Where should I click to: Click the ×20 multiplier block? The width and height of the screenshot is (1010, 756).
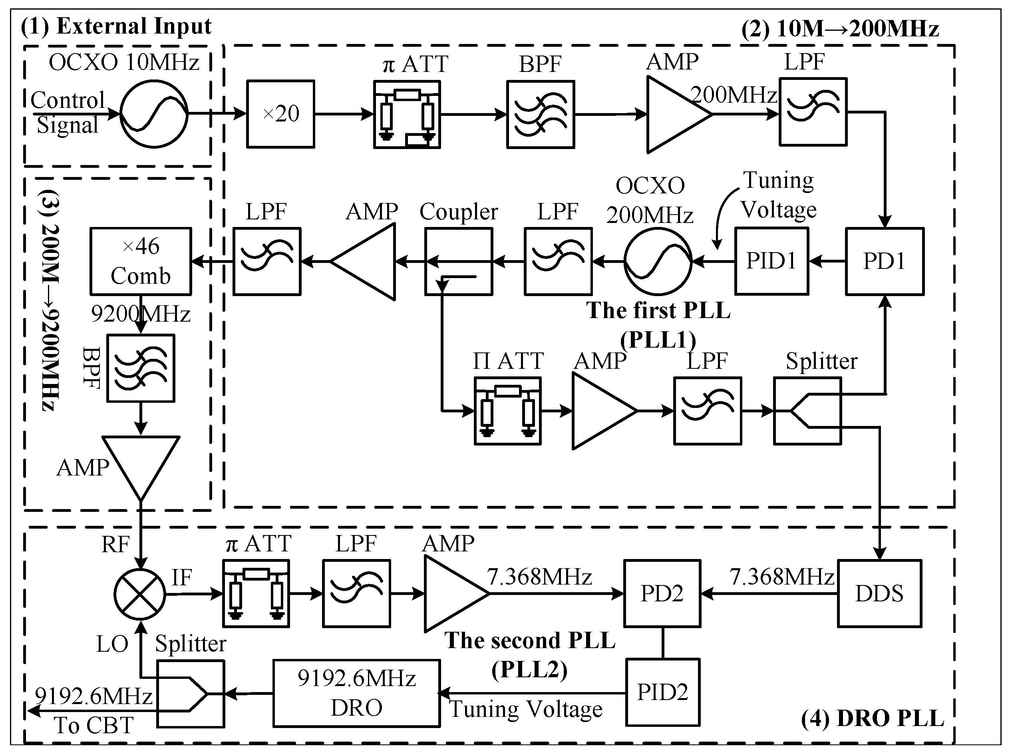pyautogui.click(x=280, y=114)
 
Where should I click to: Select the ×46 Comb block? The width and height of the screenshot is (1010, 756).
pyautogui.click(x=141, y=261)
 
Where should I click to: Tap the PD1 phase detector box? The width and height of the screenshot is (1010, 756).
pyautogui.click(x=885, y=261)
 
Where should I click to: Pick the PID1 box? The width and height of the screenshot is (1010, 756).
pyautogui.click(x=771, y=261)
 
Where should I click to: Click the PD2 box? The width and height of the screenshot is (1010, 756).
pyautogui.click(x=662, y=593)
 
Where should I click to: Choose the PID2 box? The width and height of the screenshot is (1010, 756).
pyautogui.click(x=662, y=692)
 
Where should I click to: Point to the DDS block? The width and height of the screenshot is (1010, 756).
pyautogui.click(x=879, y=593)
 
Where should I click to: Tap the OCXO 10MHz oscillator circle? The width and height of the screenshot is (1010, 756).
pyautogui.click(x=154, y=114)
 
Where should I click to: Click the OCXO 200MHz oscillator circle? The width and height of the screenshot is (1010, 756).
pyautogui.click(x=658, y=262)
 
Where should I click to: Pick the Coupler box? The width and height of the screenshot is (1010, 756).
pyautogui.click(x=458, y=262)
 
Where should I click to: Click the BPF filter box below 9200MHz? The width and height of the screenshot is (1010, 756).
pyautogui.click(x=141, y=368)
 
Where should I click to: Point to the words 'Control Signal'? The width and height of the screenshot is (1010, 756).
pyautogui.click(x=68, y=112)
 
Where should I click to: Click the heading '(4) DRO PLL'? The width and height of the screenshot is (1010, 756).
pyautogui.click(x=872, y=718)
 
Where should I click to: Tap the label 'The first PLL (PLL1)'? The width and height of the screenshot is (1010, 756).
pyautogui.click(x=658, y=324)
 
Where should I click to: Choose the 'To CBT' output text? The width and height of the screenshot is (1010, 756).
pyautogui.click(x=94, y=725)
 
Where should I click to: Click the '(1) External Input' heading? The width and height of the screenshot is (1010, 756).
pyautogui.click(x=116, y=26)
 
